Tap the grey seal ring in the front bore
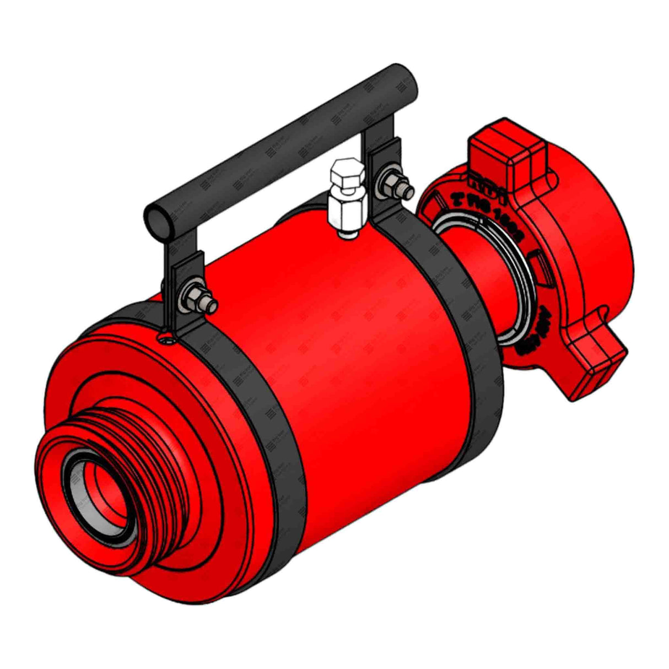coord(83,496)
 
